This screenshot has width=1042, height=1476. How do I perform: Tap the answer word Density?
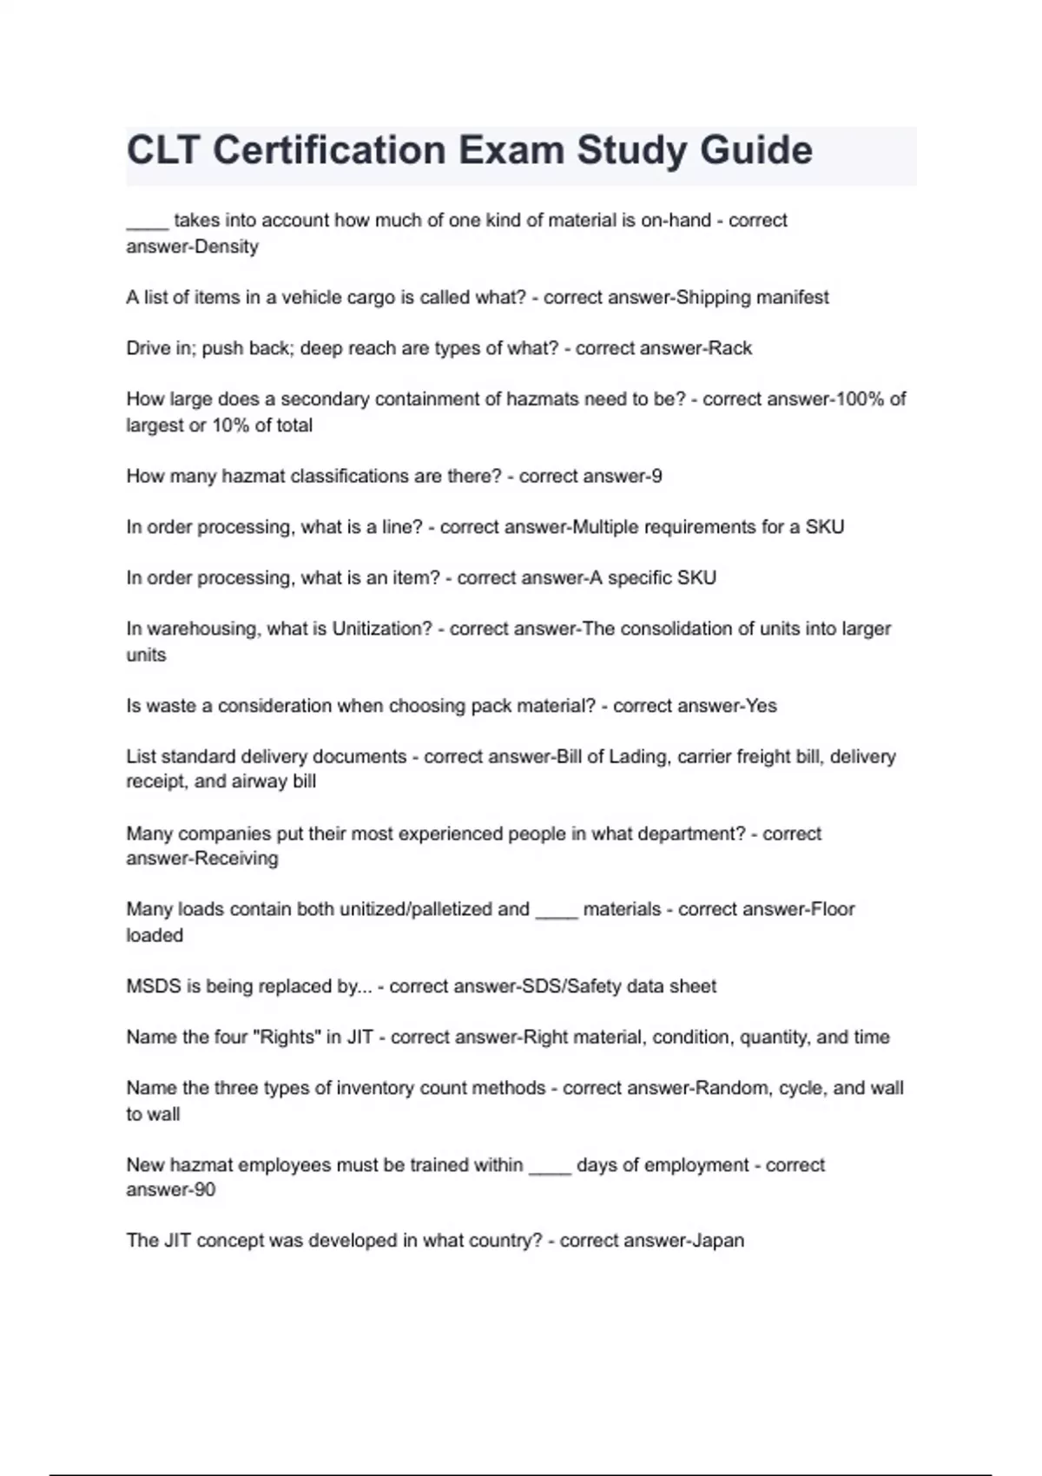[226, 247]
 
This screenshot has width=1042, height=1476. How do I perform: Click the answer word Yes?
[761, 706]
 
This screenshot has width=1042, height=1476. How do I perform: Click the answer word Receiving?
[236, 859]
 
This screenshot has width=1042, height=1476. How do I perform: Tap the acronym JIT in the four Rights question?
[359, 1037]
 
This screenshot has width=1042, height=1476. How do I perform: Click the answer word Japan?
[717, 1241]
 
